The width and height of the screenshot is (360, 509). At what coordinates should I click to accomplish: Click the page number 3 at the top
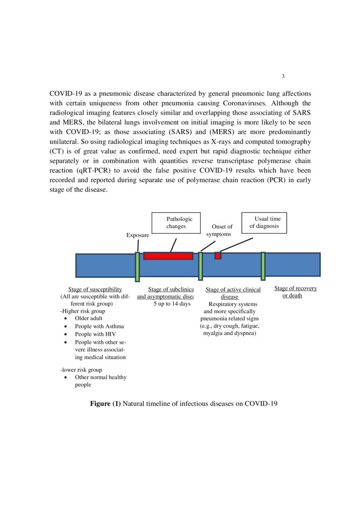[283, 77]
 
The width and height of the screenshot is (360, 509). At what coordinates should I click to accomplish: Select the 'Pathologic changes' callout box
[178, 222]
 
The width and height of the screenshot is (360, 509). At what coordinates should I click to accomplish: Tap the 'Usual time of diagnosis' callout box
[264, 222]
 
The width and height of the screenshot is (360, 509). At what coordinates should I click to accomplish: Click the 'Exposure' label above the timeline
[138, 235]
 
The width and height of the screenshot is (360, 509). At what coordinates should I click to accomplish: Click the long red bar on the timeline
[168, 256]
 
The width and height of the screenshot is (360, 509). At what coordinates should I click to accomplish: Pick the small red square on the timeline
[218, 256]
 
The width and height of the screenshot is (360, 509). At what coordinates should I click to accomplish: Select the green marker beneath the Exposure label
[137, 266]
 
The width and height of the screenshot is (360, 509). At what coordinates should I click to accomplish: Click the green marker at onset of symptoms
[200, 266]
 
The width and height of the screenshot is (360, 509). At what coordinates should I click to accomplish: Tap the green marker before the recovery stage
[263, 266]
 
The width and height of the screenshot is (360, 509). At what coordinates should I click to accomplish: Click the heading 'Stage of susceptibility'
[95, 290]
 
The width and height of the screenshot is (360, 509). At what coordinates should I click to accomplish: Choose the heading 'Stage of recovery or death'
[295, 292]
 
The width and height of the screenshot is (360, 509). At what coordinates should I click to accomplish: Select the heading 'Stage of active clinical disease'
[233, 293]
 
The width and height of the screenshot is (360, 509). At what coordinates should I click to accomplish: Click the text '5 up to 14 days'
[172, 303]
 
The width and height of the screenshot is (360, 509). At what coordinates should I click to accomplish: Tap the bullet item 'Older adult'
[88, 318]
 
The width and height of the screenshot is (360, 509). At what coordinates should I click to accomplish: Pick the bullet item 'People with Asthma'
[99, 326]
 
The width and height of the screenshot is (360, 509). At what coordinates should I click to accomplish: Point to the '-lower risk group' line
[81, 370]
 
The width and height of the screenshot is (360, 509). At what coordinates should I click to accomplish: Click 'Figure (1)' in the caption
[105, 404]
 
